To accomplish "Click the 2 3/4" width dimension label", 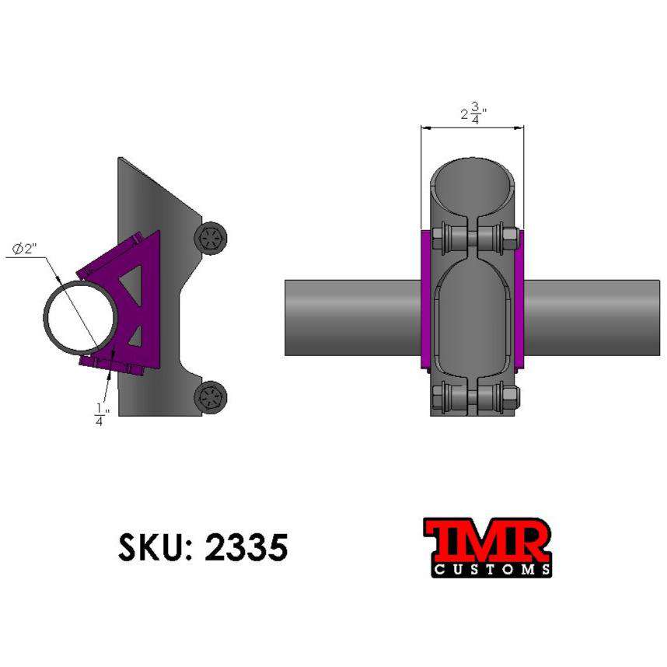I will [x=471, y=114].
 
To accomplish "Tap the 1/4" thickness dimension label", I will [x=99, y=414].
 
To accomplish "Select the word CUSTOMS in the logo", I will [x=491, y=570].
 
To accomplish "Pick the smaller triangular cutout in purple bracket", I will [x=135, y=336].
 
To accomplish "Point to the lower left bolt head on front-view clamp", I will [x=438, y=397].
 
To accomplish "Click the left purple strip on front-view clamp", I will [x=424, y=299].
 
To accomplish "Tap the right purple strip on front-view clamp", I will [x=519, y=299].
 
